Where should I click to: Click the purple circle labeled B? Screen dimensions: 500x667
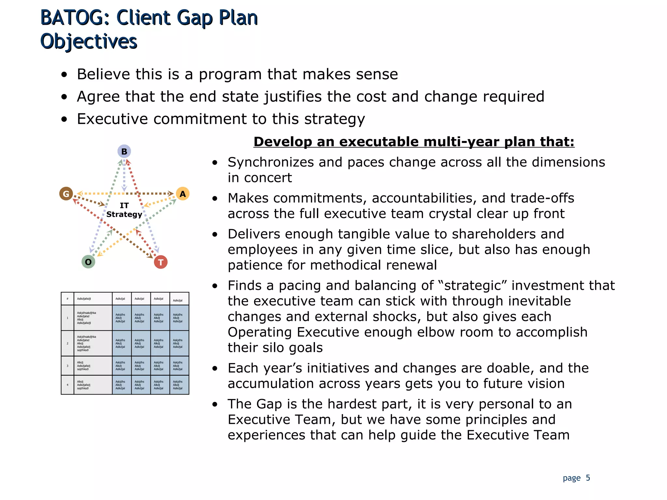click(124, 151)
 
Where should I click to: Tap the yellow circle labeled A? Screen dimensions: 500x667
click(183, 194)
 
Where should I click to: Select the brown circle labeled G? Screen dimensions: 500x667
click(66, 194)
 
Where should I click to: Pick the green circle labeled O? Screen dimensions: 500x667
click(88, 262)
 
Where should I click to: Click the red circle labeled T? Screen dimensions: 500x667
click(161, 262)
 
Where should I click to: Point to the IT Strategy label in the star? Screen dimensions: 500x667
click(124, 210)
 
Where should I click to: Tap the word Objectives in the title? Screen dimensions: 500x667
click(89, 42)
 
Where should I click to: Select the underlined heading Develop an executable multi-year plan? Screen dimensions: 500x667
click(414, 142)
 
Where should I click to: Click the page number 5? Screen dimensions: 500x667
click(588, 478)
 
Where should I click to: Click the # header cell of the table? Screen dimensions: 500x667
click(67, 299)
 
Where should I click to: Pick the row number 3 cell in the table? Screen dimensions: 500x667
click(67, 366)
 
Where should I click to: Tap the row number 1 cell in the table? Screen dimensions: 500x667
click(67, 318)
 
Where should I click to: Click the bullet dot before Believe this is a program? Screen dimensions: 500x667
click(64, 75)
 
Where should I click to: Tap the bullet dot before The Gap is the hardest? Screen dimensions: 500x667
click(215, 404)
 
